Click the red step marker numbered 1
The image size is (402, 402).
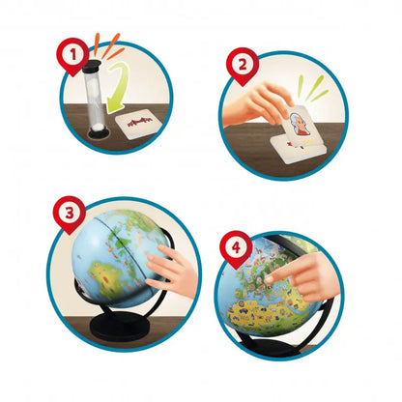coord(72,55)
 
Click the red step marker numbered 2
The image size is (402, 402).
coord(243,65)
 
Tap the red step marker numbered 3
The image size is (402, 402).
coord(69,214)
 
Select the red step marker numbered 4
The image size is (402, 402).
coord(236,248)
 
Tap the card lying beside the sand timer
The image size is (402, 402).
coord(136,124)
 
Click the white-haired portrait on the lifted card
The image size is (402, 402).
coord(297,123)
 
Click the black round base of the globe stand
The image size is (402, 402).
coord(120,326)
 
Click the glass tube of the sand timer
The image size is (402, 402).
coord(94,100)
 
